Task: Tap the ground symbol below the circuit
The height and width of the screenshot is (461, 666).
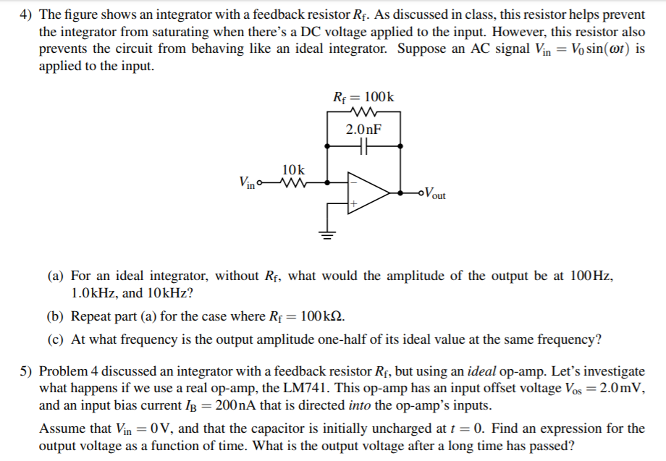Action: [x=328, y=234]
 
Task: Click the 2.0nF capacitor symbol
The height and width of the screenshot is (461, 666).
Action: [x=363, y=145]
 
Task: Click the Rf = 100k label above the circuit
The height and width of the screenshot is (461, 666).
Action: [x=363, y=97]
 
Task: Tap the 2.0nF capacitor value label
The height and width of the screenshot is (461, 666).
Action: [x=363, y=130]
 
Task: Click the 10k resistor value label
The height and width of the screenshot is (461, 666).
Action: [x=294, y=169]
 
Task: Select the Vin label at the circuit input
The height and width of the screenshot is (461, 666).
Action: [x=247, y=182]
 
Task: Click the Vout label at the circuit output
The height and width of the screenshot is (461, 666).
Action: [x=434, y=193]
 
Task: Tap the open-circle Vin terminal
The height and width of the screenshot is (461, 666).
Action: [x=261, y=182]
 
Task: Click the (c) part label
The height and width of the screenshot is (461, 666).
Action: [x=56, y=339]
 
